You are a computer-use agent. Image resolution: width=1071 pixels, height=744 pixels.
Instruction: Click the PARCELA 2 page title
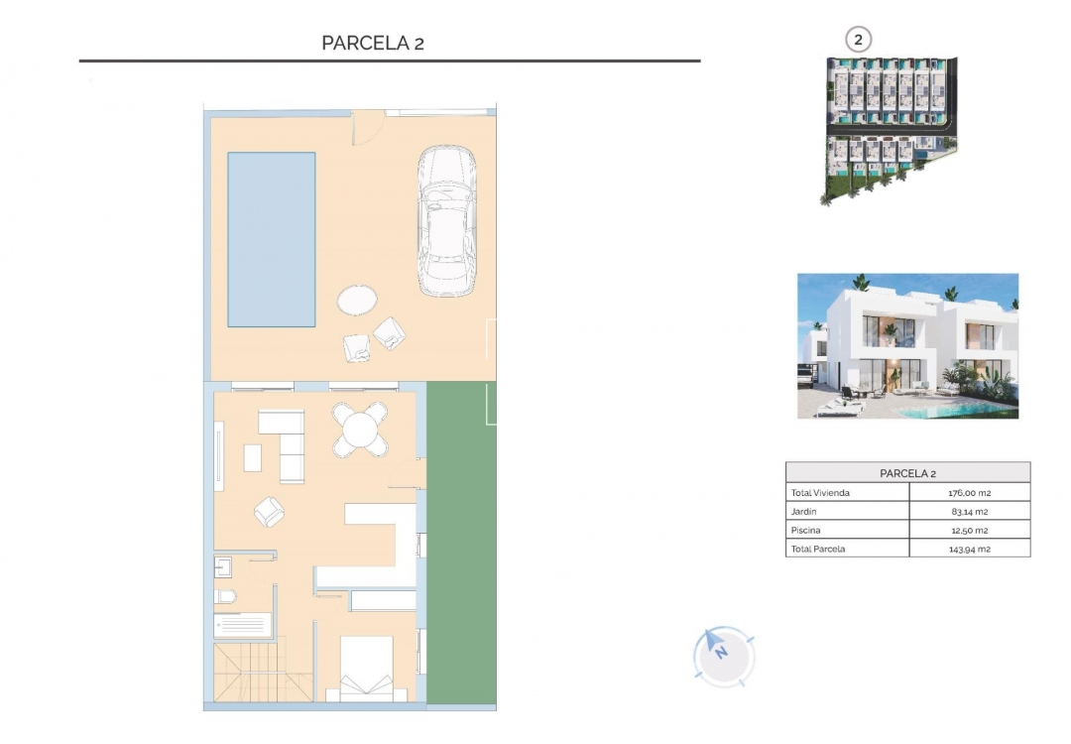pyautogui.click(x=373, y=43)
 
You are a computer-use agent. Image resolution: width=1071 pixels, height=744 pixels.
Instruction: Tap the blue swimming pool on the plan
pyautogui.click(x=271, y=239)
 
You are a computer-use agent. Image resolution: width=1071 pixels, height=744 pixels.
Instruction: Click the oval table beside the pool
pyautogui.click(x=357, y=300)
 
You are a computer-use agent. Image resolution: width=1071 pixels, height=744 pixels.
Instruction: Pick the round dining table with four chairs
pyautogui.click(x=360, y=430)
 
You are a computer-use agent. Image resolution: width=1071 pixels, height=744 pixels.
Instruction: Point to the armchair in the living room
pyautogui.click(x=269, y=511)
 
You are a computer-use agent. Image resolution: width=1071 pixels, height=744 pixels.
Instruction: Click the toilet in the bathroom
pyautogui.click(x=226, y=596)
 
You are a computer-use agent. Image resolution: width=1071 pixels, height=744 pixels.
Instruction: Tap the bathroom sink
pyautogui.click(x=223, y=567)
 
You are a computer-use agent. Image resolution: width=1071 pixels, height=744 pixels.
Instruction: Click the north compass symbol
pyautogui.click(x=723, y=654)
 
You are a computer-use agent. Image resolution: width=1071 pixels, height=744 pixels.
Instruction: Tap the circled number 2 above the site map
pyautogui.click(x=858, y=40)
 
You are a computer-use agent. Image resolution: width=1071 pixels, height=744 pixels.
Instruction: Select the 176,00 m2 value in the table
pyautogui.click(x=969, y=493)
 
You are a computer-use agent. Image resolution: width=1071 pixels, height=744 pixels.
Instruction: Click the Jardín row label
pyautogui.click(x=802, y=512)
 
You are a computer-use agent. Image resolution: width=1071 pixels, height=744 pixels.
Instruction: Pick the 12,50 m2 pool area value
pyautogui.click(x=969, y=530)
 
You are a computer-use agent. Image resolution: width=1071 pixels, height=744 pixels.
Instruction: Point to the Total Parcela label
pyautogui.click(x=818, y=549)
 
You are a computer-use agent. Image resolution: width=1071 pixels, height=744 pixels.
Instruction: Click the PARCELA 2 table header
pyautogui.click(x=907, y=473)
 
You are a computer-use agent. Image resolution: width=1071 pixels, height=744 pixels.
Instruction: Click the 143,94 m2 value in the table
pyautogui.click(x=969, y=549)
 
